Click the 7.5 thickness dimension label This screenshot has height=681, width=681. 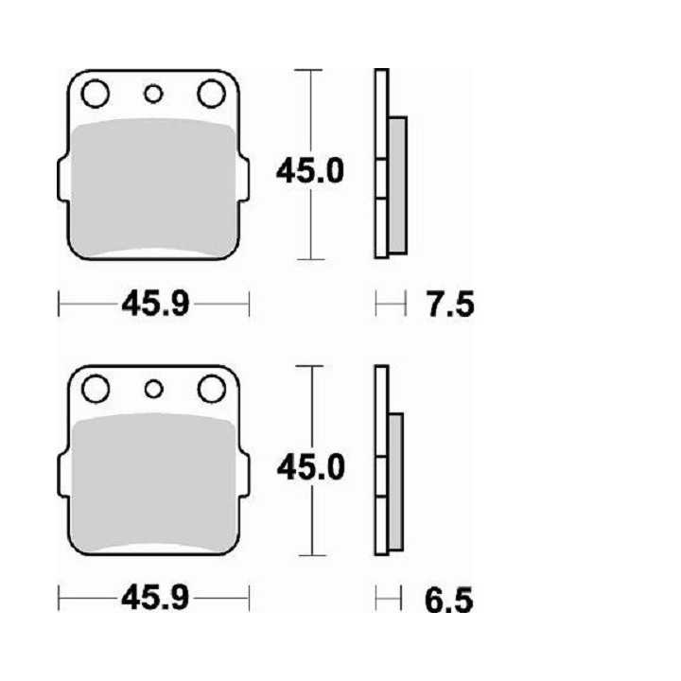(447, 305)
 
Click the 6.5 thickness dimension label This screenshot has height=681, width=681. (447, 600)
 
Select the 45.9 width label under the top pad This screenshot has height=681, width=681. (154, 305)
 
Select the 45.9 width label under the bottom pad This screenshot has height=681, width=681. (154, 599)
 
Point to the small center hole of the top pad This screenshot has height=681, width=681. (152, 93)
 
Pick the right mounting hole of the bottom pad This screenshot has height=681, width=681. (210, 389)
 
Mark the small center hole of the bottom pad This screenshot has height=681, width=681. (152, 389)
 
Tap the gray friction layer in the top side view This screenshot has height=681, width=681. (397, 184)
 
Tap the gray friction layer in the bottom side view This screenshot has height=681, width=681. (395, 482)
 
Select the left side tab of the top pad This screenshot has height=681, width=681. (64, 177)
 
